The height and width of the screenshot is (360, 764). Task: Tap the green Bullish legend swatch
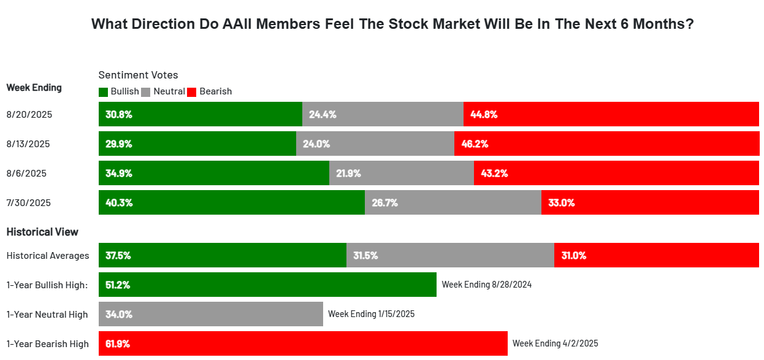(103, 92)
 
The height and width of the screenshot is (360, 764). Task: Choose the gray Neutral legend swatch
(145, 92)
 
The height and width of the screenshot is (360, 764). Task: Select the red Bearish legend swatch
(191, 92)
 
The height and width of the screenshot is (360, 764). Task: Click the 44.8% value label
(484, 114)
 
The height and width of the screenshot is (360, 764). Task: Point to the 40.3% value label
(118, 202)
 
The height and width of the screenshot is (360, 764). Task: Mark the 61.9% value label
(118, 343)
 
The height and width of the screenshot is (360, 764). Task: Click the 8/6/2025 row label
(26, 174)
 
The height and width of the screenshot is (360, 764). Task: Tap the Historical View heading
(42, 232)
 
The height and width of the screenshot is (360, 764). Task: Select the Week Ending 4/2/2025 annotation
(555, 343)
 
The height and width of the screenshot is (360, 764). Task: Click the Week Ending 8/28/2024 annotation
(486, 285)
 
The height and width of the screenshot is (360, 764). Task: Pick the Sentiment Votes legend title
(138, 75)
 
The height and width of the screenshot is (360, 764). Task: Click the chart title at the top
(392, 25)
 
